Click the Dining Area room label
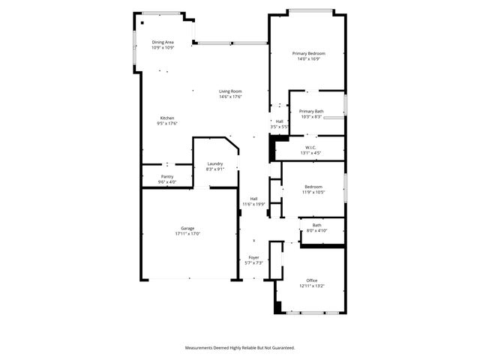click(x=163, y=43)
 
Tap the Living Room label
click(x=230, y=91)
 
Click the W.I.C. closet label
click(x=310, y=147)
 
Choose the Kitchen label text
click(x=167, y=118)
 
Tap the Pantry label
click(x=167, y=176)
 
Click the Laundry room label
click(x=215, y=164)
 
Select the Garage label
click(x=187, y=228)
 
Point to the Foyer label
click(x=253, y=257)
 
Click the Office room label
click(x=311, y=280)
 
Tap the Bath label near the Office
click(x=316, y=225)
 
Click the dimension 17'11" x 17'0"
click(x=187, y=233)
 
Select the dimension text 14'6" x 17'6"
click(x=230, y=97)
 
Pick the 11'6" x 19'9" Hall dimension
click(x=253, y=204)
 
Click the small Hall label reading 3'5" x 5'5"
click(x=279, y=127)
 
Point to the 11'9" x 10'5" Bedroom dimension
click(x=313, y=192)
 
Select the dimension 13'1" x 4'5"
click(x=310, y=152)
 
